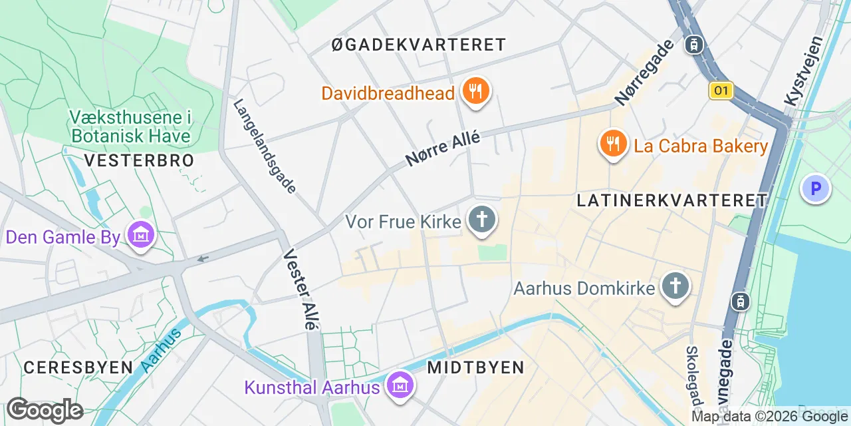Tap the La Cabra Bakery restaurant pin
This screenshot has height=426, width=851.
click(613, 144)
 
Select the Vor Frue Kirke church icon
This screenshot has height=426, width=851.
click(483, 220)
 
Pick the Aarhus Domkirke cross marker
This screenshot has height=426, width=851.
click(675, 287)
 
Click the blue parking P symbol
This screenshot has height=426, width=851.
click(815, 188)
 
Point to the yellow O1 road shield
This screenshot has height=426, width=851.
click(721, 91)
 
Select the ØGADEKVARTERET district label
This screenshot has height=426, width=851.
click(419, 45)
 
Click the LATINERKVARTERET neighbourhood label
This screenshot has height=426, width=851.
click(672, 200)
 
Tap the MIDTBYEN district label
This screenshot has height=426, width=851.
click(475, 367)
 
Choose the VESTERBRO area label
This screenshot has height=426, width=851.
click(140, 160)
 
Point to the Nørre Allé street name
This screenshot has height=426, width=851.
click(442, 148)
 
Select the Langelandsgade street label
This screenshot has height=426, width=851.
click(265, 146)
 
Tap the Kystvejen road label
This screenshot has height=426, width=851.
click(804, 71)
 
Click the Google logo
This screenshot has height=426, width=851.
click(45, 411)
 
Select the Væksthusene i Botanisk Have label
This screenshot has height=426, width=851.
click(130, 127)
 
